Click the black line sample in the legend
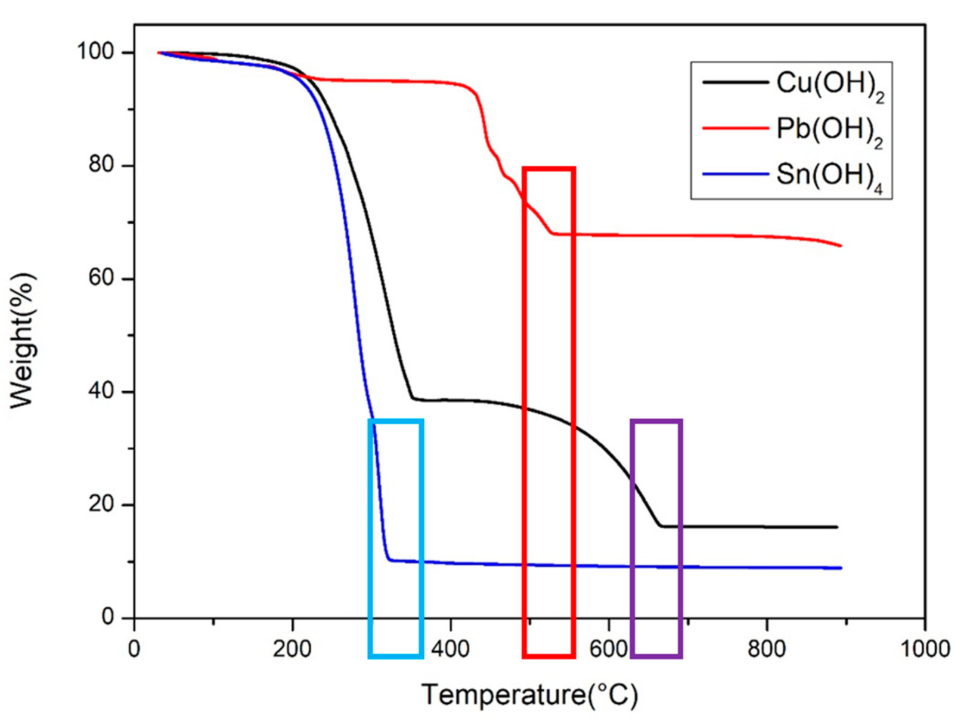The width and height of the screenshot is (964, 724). click(x=735, y=82)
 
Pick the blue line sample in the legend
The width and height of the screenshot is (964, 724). click(x=735, y=174)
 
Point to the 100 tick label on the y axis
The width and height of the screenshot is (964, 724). click(x=95, y=52)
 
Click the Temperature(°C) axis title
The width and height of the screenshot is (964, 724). click(x=529, y=695)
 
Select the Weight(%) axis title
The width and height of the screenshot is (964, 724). click(x=23, y=340)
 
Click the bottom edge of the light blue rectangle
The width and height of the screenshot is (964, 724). click(x=396, y=656)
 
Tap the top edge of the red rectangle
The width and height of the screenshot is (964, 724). click(x=548, y=169)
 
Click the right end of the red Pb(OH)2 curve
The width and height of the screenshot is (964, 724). click(x=840, y=245)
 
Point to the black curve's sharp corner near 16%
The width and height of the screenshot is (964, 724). click(x=661, y=526)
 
